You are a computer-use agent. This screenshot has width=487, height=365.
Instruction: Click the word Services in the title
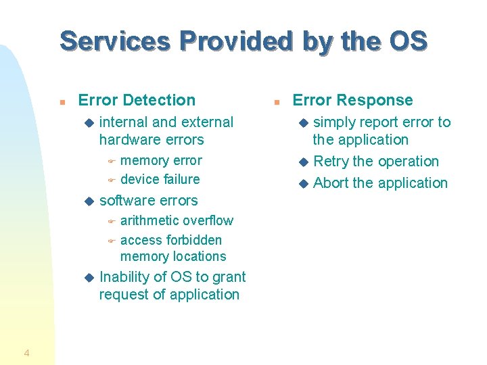pyautogui.click(x=114, y=41)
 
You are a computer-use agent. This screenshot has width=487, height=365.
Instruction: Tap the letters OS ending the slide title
pyautogui.click(x=409, y=41)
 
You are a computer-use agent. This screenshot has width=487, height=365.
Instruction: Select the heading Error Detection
pyautogui.click(x=137, y=100)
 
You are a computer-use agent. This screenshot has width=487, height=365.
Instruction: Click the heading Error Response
pyautogui.click(x=352, y=100)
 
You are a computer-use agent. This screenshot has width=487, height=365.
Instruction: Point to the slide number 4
pyautogui.click(x=26, y=352)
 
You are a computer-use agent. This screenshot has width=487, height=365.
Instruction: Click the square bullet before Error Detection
pyautogui.click(x=62, y=101)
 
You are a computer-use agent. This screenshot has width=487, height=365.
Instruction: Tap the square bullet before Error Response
pyautogui.click(x=276, y=101)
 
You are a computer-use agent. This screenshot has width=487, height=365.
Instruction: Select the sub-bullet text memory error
pyautogui.click(x=161, y=160)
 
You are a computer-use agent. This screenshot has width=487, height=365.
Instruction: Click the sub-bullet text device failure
pyautogui.click(x=160, y=179)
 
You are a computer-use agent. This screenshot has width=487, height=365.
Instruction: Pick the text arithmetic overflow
pyautogui.click(x=177, y=220)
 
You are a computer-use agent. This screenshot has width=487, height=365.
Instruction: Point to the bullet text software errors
pyautogui.click(x=148, y=200)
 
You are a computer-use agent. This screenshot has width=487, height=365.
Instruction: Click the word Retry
pyautogui.click(x=331, y=162)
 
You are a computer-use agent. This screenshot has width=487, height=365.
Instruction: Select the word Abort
pyautogui.click(x=331, y=183)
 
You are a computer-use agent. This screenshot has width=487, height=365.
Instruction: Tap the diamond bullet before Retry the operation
pyautogui.click(x=304, y=162)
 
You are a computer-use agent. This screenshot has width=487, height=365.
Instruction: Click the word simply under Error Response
pyautogui.click(x=336, y=122)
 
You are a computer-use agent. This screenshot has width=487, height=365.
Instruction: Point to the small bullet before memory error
pyautogui.click(x=112, y=161)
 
